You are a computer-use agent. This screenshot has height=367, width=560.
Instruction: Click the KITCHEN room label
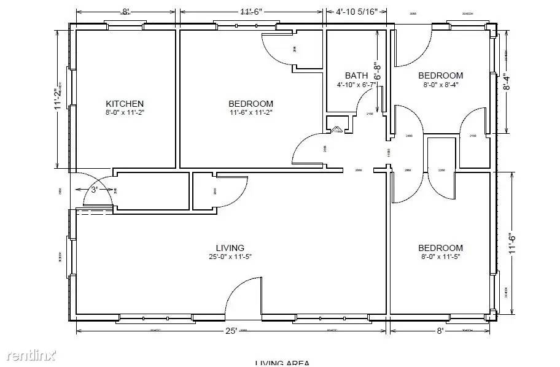[125, 104]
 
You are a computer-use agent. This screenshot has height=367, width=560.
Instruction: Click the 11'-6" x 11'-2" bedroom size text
[251, 113]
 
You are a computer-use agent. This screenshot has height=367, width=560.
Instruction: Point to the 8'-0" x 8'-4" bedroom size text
[440, 85]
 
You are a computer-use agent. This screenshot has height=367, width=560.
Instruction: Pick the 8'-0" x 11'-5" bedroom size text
[440, 257]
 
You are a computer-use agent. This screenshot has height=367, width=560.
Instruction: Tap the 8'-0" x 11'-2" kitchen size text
[125, 113]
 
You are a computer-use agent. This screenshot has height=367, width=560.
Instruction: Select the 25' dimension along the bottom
[230, 331]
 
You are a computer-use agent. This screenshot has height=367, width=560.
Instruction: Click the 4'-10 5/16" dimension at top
[362, 11]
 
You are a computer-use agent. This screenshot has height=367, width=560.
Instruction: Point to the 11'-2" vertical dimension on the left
[57, 99]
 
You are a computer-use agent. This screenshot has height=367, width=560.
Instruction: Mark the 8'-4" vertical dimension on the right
[506, 82]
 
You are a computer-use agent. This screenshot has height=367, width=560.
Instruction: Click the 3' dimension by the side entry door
[94, 190]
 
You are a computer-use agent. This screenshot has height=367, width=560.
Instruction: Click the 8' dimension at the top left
[125, 11]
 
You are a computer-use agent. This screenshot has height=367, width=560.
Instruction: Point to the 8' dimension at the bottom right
[440, 331]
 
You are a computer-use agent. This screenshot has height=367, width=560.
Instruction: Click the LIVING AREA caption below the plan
[282, 363]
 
